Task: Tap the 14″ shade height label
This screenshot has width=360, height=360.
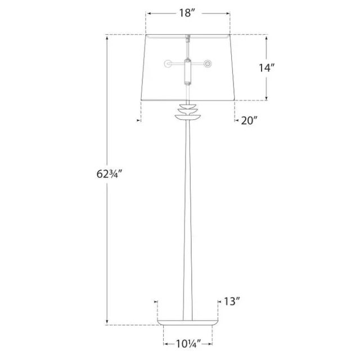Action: [267, 67]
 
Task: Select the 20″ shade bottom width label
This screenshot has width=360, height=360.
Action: [249, 120]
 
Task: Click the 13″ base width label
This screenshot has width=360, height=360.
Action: [232, 301]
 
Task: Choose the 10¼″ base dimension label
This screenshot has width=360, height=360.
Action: [188, 344]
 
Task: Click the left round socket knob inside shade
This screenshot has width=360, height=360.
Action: [168, 64]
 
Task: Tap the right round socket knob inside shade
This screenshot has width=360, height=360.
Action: [208, 64]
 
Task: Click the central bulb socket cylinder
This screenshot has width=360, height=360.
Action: [188, 72]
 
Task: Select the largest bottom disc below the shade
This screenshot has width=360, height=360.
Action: [188, 117]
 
